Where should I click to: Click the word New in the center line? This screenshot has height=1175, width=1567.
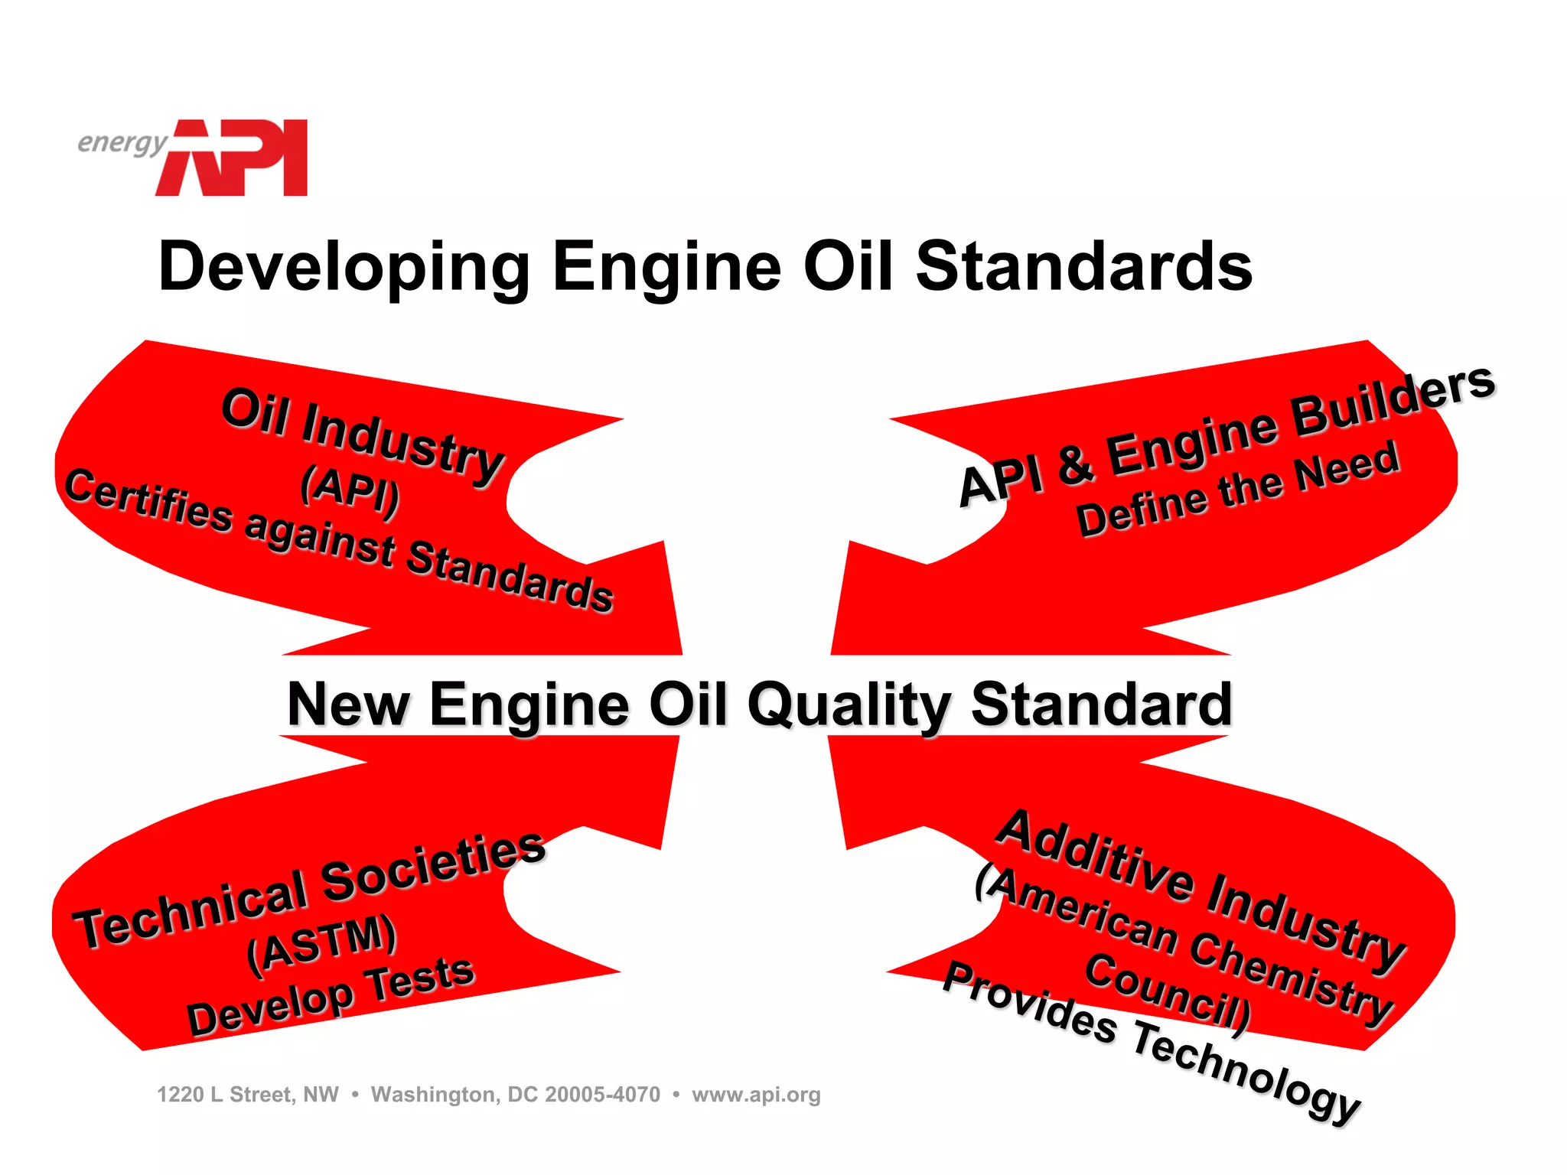[x=349, y=705]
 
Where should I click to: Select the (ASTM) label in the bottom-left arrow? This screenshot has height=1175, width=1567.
[x=322, y=944]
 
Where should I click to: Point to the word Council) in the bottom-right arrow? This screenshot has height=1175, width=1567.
[x=1168, y=991]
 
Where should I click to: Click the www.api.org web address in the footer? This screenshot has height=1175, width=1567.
[x=756, y=1095]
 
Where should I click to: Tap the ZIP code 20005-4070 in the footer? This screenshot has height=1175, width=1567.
[x=602, y=1095]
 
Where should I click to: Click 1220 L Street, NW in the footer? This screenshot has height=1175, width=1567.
[x=248, y=1095]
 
